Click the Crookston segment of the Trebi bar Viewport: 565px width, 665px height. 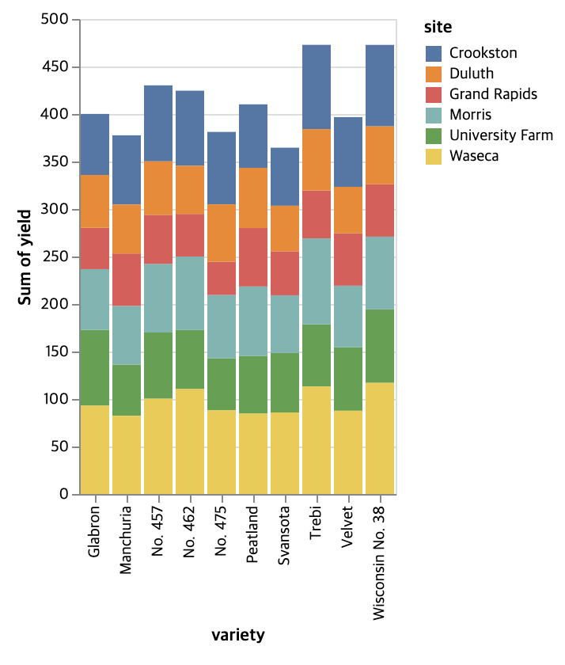(x=317, y=87)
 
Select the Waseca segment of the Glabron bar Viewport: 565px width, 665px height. (x=95, y=450)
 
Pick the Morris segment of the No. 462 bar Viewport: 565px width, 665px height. (x=190, y=293)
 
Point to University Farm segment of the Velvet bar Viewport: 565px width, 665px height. (x=348, y=378)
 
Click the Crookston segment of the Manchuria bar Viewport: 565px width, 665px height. (x=127, y=169)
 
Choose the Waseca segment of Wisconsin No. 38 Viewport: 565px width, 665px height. (x=380, y=438)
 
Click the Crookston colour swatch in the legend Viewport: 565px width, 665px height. (x=434, y=53)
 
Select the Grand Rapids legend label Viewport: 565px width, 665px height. (x=493, y=94)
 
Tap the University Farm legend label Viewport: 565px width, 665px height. (x=501, y=135)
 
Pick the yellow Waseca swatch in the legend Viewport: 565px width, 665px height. (x=434, y=156)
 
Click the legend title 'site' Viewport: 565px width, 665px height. (x=438, y=28)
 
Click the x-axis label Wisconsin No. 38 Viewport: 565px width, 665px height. (x=380, y=561)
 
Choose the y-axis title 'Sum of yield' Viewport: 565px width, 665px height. (x=25, y=257)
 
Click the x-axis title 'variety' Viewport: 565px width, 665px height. (x=237, y=635)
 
